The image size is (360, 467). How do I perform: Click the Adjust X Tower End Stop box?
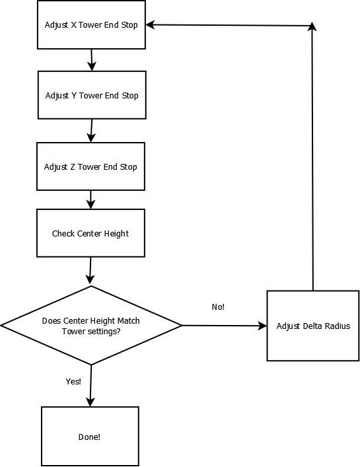tap(91, 24)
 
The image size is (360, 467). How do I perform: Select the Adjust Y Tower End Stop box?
tap(92, 95)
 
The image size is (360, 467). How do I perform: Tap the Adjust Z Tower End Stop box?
tap(90, 166)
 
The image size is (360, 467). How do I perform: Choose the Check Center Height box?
tap(90, 233)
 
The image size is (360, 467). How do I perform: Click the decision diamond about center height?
tap(91, 325)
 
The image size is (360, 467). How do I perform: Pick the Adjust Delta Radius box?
tap(313, 326)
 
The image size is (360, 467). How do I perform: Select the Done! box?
tap(90, 437)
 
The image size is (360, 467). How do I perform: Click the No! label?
tap(218, 306)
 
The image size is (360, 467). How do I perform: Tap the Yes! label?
tap(73, 382)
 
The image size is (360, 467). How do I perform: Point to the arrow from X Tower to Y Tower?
tap(92, 60)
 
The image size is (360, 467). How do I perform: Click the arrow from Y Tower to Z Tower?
tap(91, 131)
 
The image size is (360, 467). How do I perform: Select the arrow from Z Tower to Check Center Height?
tap(90, 199)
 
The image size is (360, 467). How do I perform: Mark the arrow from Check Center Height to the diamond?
tap(90, 270)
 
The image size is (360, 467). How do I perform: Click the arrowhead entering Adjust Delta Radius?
tap(262, 326)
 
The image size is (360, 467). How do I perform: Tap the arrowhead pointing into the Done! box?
tap(90, 402)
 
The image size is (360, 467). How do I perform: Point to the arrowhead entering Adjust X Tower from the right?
tap(150, 24)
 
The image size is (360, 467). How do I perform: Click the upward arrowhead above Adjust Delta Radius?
tap(312, 26)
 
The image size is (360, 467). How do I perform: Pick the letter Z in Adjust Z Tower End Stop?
tap(73, 166)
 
